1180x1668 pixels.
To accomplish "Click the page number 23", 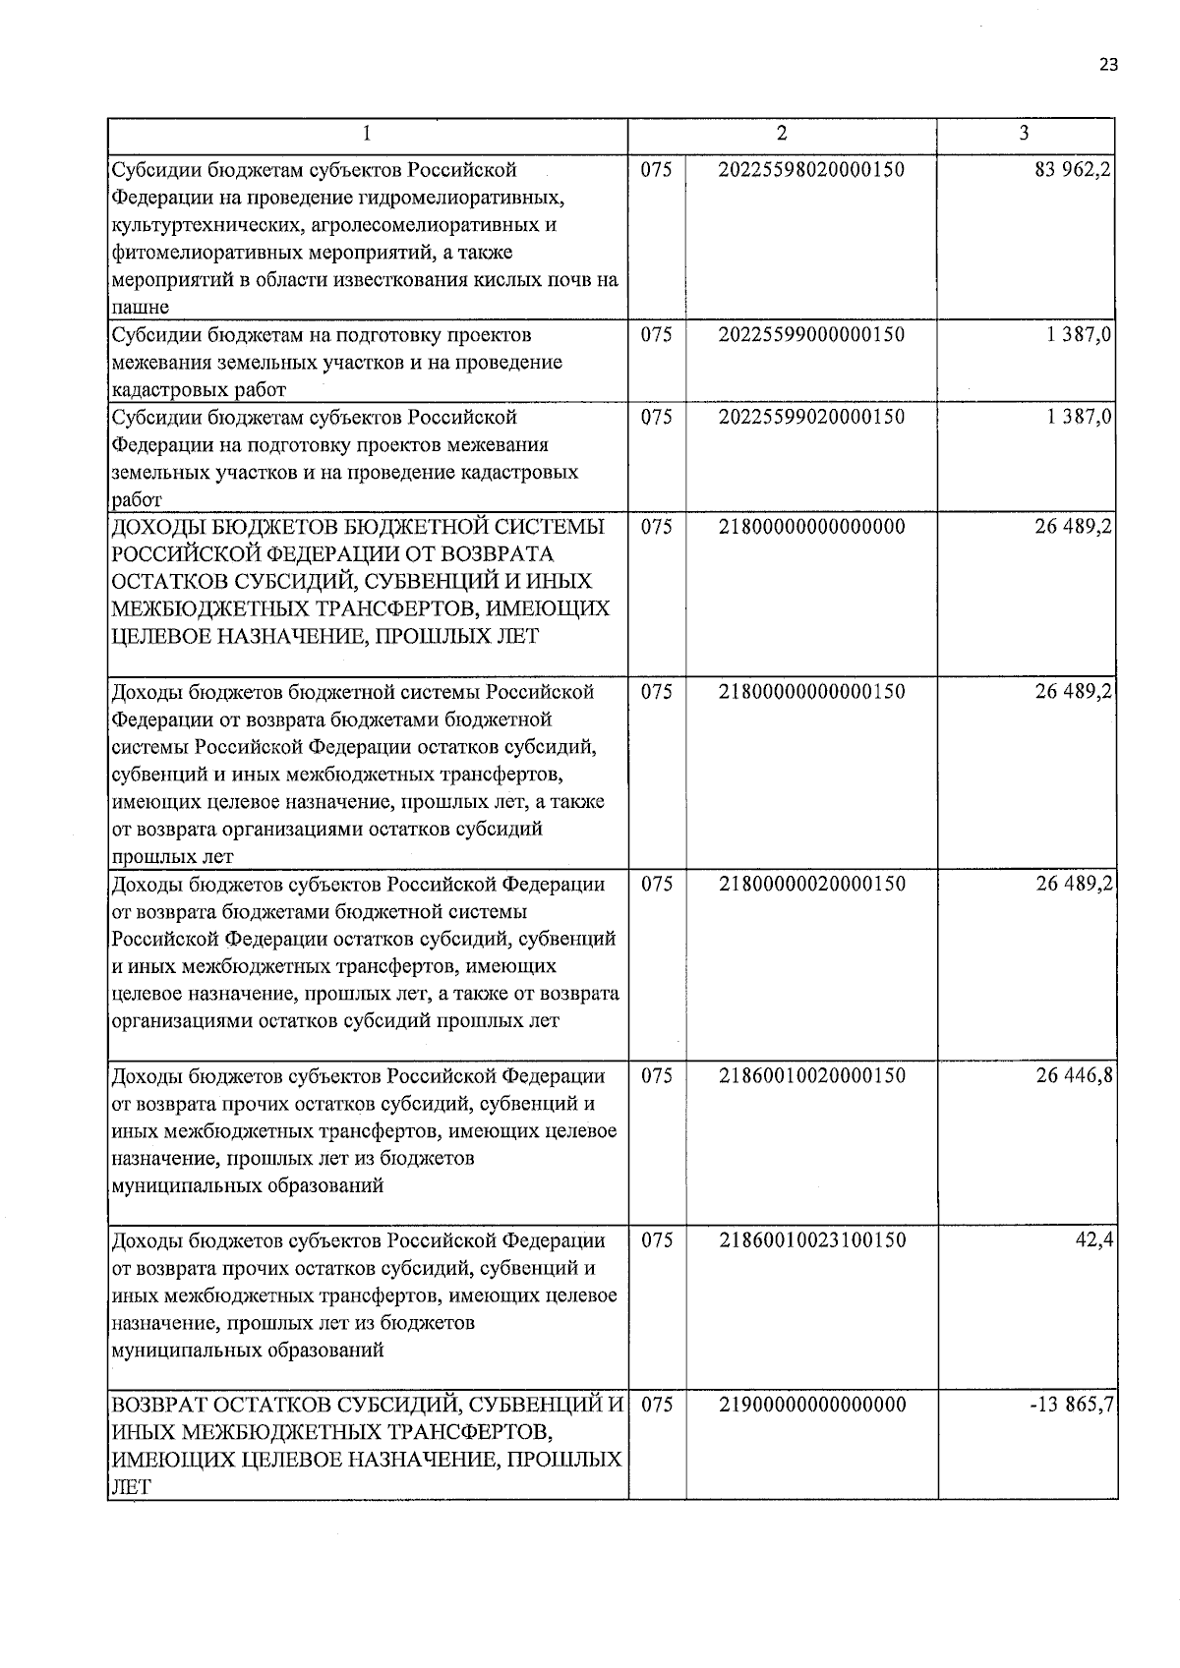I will click(1108, 65).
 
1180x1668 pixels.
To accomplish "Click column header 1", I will click(367, 134).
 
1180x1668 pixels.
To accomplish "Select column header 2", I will click(782, 134).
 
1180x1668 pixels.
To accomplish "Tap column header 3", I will click(1025, 134).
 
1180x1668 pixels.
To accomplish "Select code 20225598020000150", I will click(811, 169).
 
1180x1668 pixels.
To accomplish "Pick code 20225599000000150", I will click(811, 334).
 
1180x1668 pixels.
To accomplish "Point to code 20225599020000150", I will click(811, 417).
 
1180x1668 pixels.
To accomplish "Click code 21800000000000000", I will click(811, 527).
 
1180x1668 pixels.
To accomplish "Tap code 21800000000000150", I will click(811, 692).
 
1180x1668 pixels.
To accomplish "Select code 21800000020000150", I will click(811, 884).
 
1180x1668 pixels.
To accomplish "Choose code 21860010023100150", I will click(811, 1240).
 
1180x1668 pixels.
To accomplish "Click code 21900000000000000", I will click(811, 1405).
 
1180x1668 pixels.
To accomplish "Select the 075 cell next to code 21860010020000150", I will click(657, 1075).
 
